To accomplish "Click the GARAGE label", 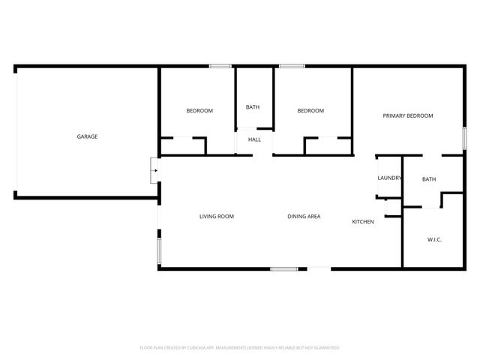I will coord(87,136).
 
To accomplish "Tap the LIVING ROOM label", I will coord(216,217).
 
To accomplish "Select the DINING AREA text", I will coord(304,217).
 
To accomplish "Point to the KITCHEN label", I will coord(364,222).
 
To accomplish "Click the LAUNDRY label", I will coord(389,178).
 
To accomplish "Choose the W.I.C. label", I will coord(434,239).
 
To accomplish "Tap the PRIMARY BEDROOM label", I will coord(408,115).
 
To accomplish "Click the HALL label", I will coord(254,139).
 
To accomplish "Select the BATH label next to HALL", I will coord(253,107).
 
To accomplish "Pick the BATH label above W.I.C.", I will coord(429,179).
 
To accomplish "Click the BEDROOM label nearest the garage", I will coord(199,111).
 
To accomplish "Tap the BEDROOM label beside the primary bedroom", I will coord(310,111).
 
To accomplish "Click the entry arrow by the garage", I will coord(154,170).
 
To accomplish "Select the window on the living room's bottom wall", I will coord(284,268).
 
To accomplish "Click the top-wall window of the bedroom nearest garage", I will coord(220,67).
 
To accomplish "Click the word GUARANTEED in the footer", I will coord(324,348).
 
